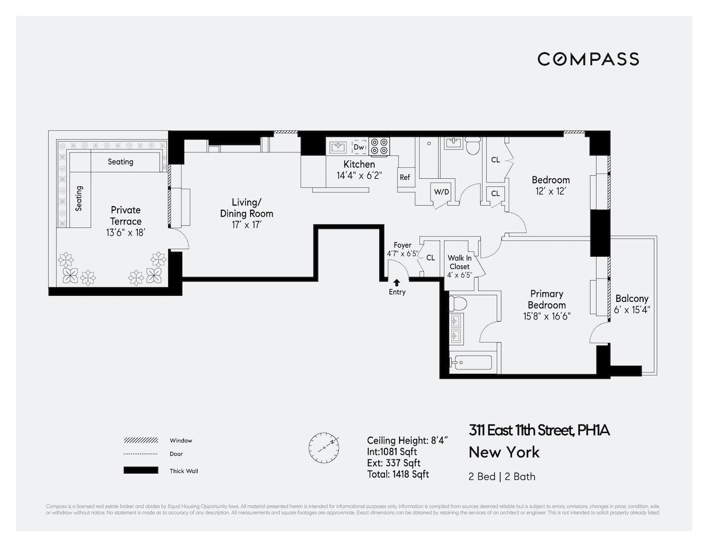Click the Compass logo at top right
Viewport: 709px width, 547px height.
(x=588, y=59)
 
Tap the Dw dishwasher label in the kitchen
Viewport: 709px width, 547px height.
(x=359, y=147)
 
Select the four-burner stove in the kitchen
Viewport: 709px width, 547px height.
(x=379, y=147)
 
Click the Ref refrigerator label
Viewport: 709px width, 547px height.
(x=405, y=177)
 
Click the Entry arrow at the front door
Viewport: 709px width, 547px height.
(x=397, y=283)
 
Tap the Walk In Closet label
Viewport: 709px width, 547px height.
(x=459, y=262)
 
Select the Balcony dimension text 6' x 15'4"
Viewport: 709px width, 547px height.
(x=632, y=309)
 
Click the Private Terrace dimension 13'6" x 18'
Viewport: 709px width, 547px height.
(x=126, y=233)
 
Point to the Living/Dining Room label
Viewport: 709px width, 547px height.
(x=246, y=208)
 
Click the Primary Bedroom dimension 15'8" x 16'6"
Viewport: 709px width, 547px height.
(x=546, y=317)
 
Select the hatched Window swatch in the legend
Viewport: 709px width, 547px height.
(x=141, y=440)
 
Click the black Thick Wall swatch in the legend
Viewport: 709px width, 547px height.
(x=141, y=471)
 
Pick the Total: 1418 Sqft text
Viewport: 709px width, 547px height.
(x=398, y=474)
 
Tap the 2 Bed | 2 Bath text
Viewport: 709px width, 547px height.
(x=502, y=477)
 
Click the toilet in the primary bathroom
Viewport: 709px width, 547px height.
(x=458, y=303)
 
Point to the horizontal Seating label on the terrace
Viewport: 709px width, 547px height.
(x=121, y=162)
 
